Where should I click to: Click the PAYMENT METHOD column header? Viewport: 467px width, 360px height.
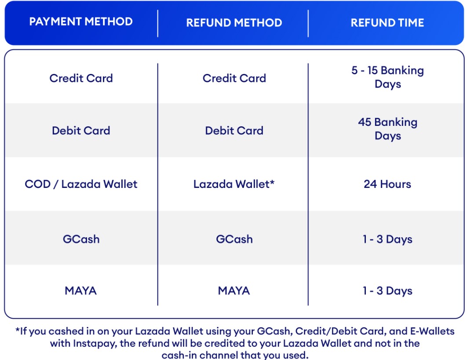81,22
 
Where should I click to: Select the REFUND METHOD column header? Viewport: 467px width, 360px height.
234,23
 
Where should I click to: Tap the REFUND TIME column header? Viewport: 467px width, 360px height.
387,23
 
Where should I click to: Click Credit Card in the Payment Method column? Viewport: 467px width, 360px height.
81,78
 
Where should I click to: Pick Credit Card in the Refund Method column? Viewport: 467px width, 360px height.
234,78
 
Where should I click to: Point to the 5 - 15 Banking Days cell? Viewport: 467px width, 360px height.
387,77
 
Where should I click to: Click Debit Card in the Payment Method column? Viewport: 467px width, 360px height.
81,131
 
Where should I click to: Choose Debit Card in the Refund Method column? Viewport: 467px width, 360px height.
234,131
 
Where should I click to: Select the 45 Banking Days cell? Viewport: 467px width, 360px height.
387,129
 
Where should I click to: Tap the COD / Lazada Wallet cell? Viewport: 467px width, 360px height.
81,184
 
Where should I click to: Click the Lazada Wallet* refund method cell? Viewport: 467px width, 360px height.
234,184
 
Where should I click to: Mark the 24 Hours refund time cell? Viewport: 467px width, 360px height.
387,184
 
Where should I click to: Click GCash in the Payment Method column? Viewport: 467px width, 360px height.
81,239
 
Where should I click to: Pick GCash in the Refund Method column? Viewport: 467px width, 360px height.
234,239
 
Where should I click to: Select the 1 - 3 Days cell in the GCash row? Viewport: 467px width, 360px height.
387,239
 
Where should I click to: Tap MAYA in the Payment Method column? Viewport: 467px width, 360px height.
81,290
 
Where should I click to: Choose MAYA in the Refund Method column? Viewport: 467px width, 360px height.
234,290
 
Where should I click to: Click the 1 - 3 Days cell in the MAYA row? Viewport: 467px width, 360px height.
387,290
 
